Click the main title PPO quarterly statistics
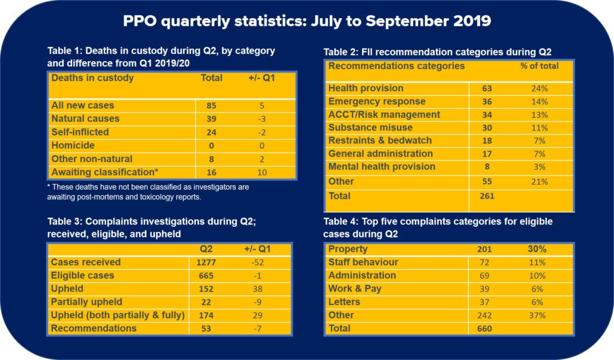click(307, 21)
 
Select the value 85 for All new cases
click(210, 106)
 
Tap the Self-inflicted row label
click(80, 132)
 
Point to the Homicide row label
click(73, 145)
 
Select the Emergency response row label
click(377, 101)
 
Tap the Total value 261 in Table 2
click(487, 196)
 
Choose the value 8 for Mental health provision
click(487, 167)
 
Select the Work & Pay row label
click(354, 289)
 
